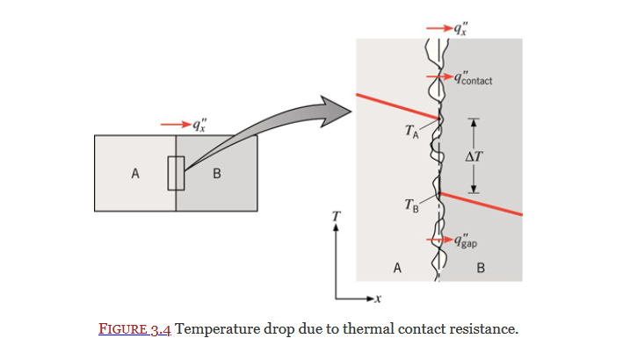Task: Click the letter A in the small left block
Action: pyautogui.click(x=135, y=173)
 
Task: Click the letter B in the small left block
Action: pyautogui.click(x=216, y=173)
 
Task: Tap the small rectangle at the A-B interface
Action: pyautogui.click(x=176, y=173)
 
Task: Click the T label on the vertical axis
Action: pyautogui.click(x=336, y=215)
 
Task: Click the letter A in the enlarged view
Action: pyautogui.click(x=397, y=269)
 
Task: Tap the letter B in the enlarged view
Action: pyautogui.click(x=480, y=269)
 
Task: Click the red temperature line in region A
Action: pyautogui.click(x=395, y=105)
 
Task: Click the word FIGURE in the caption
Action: pyautogui.click(x=123, y=330)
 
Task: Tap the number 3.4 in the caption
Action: pyautogui.click(x=161, y=330)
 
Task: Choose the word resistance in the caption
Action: pyautogui.click(x=483, y=330)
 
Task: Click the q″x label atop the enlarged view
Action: pyautogui.click(x=460, y=28)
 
